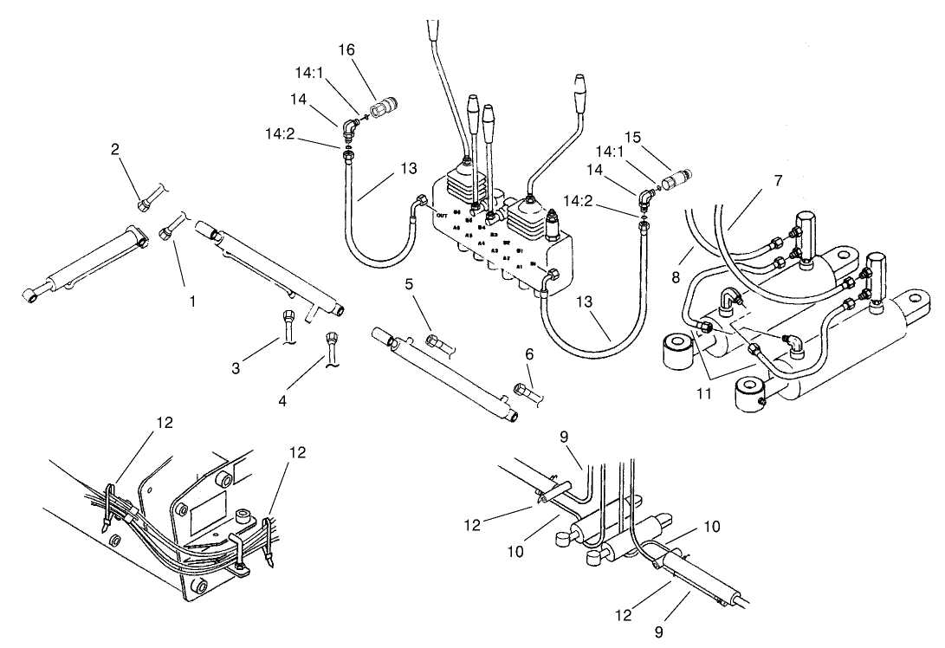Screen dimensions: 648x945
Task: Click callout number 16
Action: click(370, 51)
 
